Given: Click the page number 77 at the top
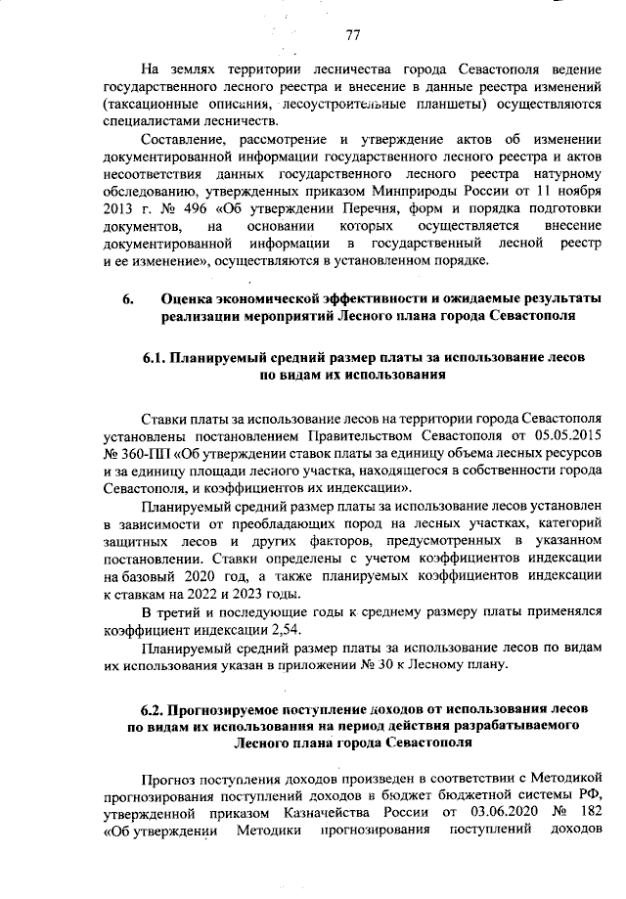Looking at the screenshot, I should pos(354,36).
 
